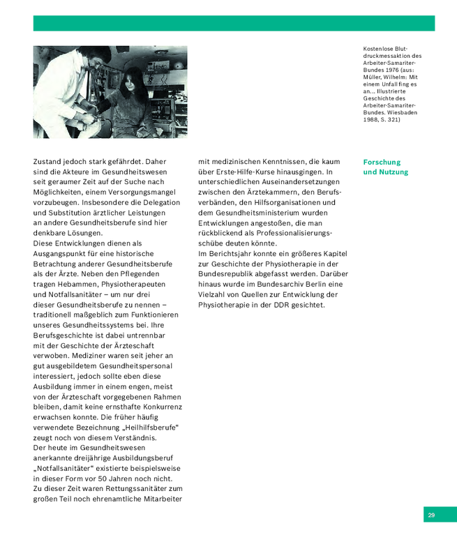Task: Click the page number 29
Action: [431, 515]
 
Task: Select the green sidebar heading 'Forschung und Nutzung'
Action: [386, 167]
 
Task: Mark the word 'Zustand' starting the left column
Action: [48, 162]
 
